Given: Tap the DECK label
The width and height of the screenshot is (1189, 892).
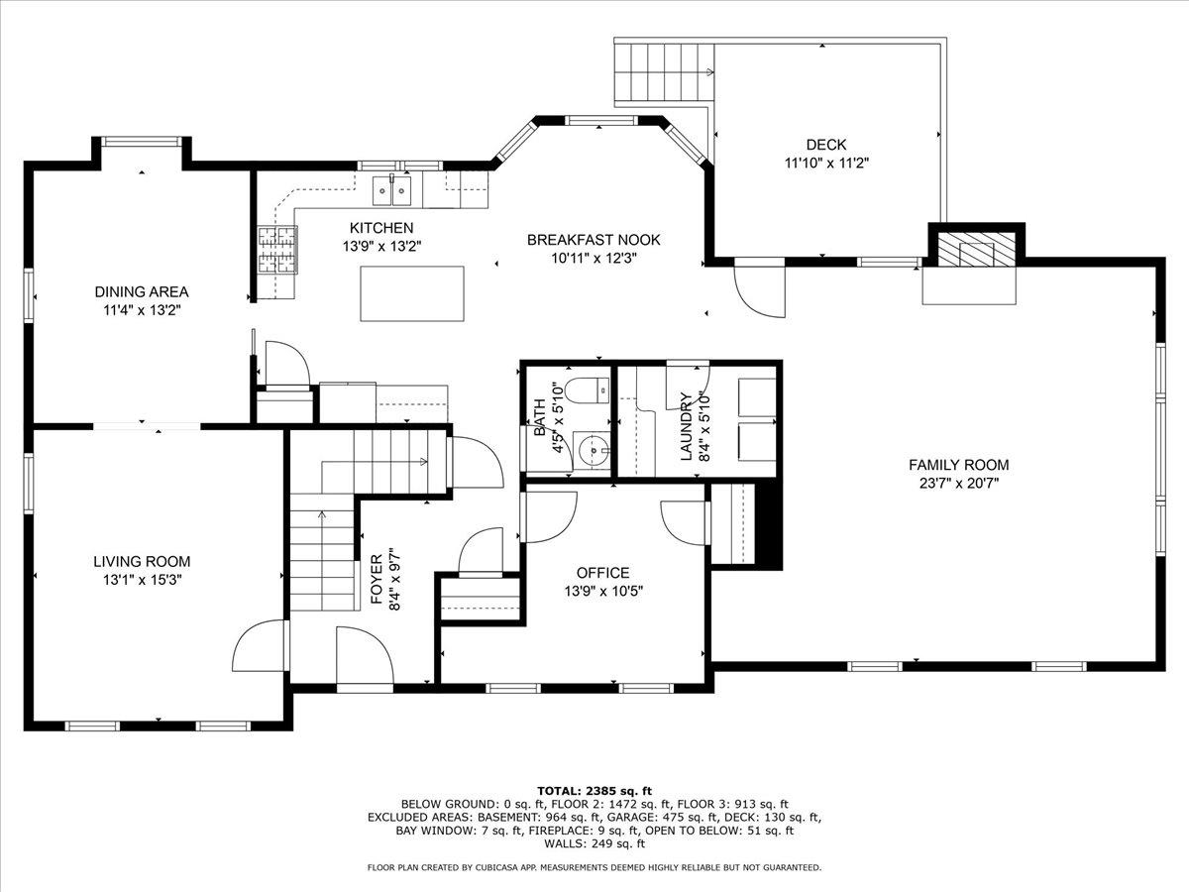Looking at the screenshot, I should click(x=825, y=145).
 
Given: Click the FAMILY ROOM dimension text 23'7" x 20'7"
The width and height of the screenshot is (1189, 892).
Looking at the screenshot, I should click(x=958, y=484).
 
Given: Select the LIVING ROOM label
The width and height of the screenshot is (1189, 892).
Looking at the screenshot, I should click(x=143, y=561).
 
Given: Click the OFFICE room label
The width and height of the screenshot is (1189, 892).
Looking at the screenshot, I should click(x=602, y=573).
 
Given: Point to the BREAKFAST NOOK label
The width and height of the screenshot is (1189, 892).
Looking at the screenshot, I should click(x=593, y=240).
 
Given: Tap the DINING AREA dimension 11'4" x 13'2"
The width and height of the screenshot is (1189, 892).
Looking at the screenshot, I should click(x=141, y=310).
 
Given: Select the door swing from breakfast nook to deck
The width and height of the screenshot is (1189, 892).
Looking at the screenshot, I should click(x=759, y=289).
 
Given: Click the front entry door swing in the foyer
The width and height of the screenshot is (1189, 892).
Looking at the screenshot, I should click(x=362, y=654).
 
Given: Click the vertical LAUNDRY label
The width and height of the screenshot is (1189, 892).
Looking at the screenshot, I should click(x=685, y=426).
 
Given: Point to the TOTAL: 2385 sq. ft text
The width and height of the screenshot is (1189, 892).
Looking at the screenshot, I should click(x=594, y=790).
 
